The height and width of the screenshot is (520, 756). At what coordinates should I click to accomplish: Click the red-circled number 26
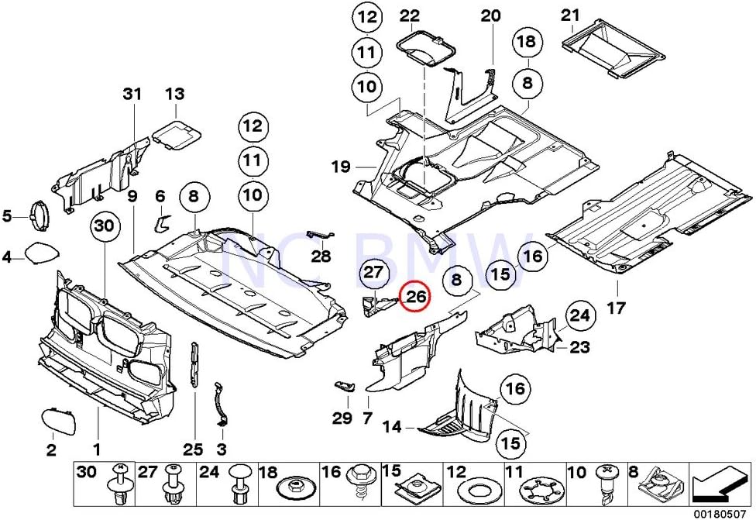pyautogui.click(x=416, y=295)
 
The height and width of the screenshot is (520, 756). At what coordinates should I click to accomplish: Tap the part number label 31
pyautogui.click(x=132, y=94)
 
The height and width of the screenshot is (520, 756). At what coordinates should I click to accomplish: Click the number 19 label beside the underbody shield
pyautogui.click(x=342, y=166)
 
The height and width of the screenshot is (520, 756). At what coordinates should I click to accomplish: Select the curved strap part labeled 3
pyautogui.click(x=222, y=403)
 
